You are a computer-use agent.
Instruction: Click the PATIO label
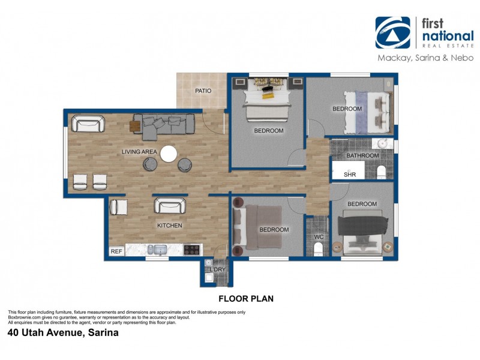tap(202, 91)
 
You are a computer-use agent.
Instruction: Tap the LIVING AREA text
tap(139, 152)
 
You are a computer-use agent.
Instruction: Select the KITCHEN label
tap(169, 226)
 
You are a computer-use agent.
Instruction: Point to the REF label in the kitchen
tap(116, 252)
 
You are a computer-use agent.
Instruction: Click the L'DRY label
tap(217, 269)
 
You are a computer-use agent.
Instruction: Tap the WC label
tap(319, 236)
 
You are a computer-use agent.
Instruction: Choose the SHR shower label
tap(350, 175)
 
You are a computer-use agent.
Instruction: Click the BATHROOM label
tap(363, 156)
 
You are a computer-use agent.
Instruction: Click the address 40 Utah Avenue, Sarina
tap(63, 332)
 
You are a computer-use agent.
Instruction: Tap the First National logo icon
tap(392, 32)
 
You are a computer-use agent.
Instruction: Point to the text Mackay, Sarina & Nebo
tap(425, 58)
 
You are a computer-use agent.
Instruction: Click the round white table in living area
tap(169, 154)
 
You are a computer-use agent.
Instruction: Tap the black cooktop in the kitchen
tap(191, 250)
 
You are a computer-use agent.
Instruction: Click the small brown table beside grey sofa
tap(134, 125)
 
